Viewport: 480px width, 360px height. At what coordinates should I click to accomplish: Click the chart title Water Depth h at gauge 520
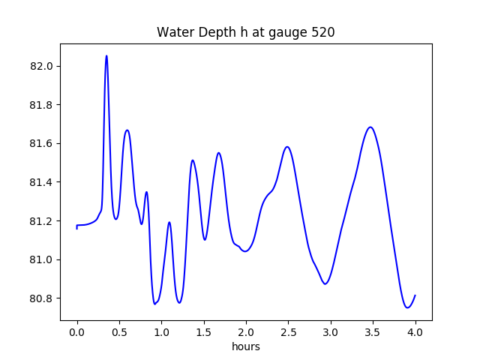click(245, 32)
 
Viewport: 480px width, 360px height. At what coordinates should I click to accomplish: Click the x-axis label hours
click(246, 347)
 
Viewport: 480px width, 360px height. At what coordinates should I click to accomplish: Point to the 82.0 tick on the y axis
click(42, 66)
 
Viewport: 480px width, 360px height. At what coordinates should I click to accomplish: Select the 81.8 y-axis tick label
click(42, 105)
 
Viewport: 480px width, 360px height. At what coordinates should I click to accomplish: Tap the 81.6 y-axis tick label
click(42, 143)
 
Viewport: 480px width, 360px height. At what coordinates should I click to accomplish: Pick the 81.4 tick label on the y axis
click(42, 182)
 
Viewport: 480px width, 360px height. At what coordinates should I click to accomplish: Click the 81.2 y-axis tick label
click(42, 221)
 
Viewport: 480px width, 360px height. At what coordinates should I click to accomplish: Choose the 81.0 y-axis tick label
click(42, 259)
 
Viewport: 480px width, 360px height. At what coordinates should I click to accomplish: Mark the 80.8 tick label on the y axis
click(42, 298)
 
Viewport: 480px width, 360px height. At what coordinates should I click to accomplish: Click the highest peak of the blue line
click(106, 55)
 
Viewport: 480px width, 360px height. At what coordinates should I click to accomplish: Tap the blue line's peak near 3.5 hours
click(370, 127)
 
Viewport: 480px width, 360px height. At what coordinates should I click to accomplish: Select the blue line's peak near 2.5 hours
click(287, 146)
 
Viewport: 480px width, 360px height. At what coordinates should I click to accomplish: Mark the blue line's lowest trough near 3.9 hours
click(407, 307)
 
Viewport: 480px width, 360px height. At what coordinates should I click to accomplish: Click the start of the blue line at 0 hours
click(77, 226)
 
